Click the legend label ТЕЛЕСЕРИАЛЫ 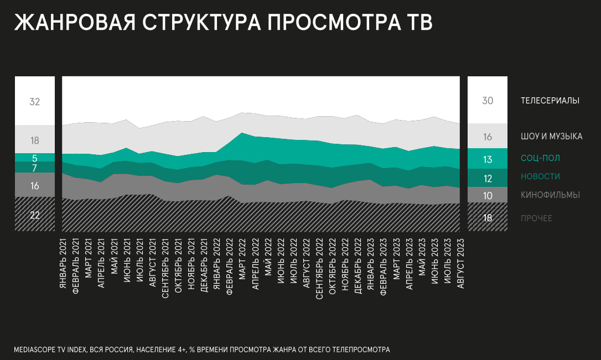click(x=550, y=101)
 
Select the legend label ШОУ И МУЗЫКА click(x=551, y=137)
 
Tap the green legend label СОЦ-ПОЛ click(x=540, y=158)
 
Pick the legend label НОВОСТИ click(x=540, y=176)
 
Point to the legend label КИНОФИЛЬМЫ click(x=550, y=195)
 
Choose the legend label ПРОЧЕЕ click(x=536, y=218)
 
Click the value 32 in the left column click(x=35, y=102)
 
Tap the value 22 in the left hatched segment click(x=35, y=215)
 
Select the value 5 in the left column click(x=35, y=158)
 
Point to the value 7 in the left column click(x=35, y=168)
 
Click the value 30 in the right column click(x=488, y=101)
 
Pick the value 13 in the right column click(x=488, y=160)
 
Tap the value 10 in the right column click(x=488, y=196)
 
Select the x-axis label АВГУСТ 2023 click(x=460, y=266)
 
